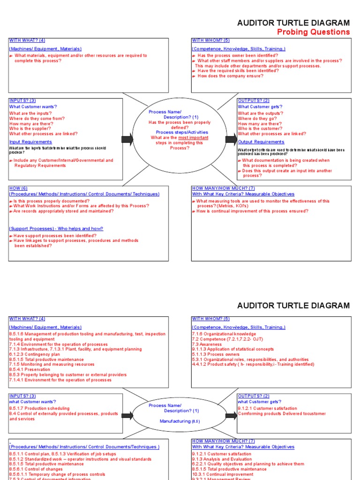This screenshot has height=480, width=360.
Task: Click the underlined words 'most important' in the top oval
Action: click(x=193, y=138)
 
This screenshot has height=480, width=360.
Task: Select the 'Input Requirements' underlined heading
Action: click(x=30, y=142)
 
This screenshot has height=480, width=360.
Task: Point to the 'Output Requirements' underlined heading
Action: click(x=261, y=142)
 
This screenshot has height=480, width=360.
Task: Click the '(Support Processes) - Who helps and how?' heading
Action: click(x=56, y=229)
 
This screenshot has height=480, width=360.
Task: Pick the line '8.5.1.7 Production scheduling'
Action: click(x=39, y=408)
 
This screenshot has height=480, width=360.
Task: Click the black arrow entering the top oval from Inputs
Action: click(x=127, y=139)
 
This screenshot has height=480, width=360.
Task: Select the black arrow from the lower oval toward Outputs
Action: click(x=231, y=415)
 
